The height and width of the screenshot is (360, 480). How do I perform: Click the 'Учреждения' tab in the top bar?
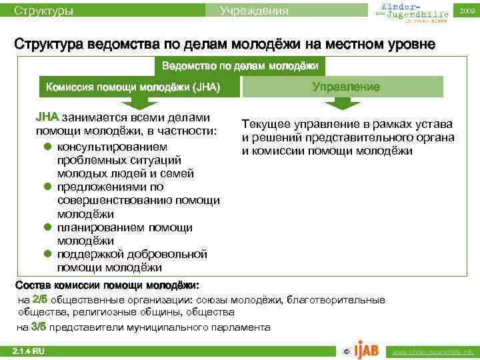click(x=254, y=11)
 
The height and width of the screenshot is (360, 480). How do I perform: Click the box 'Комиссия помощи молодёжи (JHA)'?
click(x=132, y=87)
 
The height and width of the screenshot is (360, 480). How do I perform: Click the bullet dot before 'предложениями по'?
click(x=48, y=187)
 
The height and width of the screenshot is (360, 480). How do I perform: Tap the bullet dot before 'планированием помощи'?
click(x=48, y=228)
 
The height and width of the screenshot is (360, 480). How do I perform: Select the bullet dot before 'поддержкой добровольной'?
click(x=48, y=255)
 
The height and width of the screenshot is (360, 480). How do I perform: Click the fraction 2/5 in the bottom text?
click(x=40, y=300)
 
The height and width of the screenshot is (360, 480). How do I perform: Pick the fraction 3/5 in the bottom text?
click(x=39, y=327)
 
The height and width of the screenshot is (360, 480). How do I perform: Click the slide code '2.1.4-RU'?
click(x=29, y=351)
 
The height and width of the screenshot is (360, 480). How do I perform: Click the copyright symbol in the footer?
click(x=345, y=351)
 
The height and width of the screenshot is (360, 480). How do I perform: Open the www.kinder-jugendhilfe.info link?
click(x=433, y=351)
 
